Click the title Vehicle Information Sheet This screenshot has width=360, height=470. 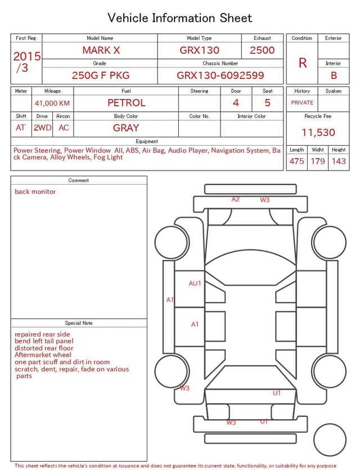[x=180, y=18]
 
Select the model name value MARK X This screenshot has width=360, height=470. [x=101, y=50]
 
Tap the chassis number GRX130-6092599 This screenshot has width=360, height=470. [x=220, y=75]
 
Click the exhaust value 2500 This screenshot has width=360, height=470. [x=262, y=50]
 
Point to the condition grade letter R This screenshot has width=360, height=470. [x=303, y=63]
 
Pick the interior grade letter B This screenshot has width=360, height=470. [x=334, y=75]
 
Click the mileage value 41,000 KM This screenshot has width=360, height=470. [x=52, y=103]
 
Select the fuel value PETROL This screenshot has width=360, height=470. [x=126, y=102]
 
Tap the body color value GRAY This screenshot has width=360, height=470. [x=126, y=128]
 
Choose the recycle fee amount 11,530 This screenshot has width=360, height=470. [x=318, y=132]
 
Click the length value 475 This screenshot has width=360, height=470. [x=296, y=161]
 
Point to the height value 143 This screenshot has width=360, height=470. [x=339, y=161]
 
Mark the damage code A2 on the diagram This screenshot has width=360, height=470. [x=236, y=199]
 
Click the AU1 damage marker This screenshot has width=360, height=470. [x=195, y=283]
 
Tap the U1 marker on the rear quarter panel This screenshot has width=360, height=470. [x=277, y=393]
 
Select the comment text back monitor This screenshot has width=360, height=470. [x=35, y=191]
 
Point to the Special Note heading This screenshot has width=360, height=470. [x=79, y=323]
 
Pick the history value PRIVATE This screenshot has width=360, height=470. [x=302, y=102]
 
